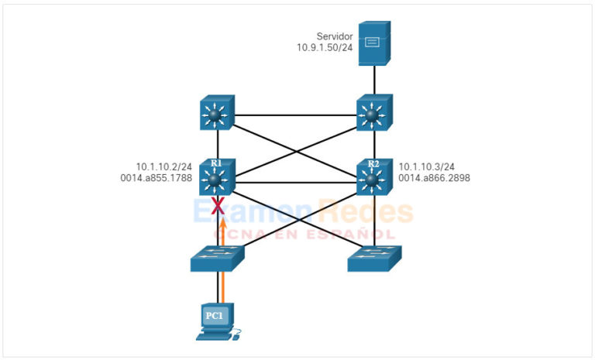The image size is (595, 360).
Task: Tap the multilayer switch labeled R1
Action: pyautogui.click(x=218, y=178)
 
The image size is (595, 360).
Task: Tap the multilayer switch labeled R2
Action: pyautogui.click(x=374, y=178)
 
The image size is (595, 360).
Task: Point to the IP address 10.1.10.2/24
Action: pyautogui.click(x=163, y=166)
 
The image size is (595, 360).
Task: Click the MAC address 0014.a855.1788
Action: pyautogui.click(x=158, y=178)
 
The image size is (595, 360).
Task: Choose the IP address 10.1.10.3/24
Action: pyautogui.click(x=426, y=166)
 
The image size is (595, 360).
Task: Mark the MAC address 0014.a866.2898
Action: pyautogui.click(x=434, y=178)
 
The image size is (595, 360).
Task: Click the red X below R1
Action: pyautogui.click(x=218, y=205)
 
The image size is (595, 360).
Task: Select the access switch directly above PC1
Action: pyautogui.click(x=218, y=258)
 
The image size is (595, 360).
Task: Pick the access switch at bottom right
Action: pyautogui.click(x=374, y=258)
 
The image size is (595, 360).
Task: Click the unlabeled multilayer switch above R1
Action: pyautogui.click(x=218, y=115)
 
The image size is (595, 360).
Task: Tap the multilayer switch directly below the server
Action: pyautogui.click(x=374, y=115)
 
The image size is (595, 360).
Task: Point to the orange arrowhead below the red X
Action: pyautogui.click(x=222, y=223)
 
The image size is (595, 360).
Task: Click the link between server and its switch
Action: pyautogui.click(x=374, y=81)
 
